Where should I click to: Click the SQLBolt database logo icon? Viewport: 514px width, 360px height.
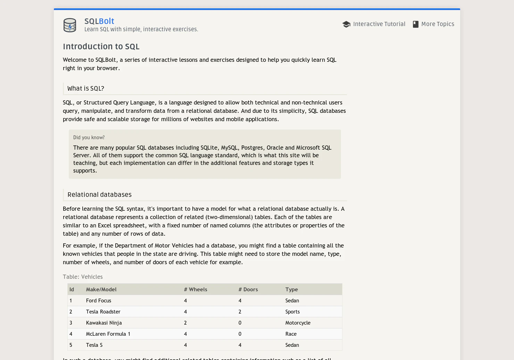tap(70, 25)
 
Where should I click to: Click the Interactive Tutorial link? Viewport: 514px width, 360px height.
tap(379, 24)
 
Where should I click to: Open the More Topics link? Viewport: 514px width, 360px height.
tap(438, 24)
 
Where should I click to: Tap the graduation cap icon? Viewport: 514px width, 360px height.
tap(346, 24)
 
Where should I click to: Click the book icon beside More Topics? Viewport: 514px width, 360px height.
tap(415, 24)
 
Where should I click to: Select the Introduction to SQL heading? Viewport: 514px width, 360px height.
tap(101, 47)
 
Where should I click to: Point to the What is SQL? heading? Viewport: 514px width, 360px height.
tap(86, 89)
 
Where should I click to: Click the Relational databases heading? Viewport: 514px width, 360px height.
tap(100, 195)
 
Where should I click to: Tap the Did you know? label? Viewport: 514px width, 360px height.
tap(89, 137)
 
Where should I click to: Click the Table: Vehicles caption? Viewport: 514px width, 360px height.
tap(83, 277)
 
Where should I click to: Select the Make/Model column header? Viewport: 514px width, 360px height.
tap(101, 290)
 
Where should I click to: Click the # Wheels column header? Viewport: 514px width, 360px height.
tap(196, 290)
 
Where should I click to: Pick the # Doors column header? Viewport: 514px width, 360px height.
tap(248, 290)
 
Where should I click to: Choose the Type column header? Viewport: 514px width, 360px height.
tap(292, 290)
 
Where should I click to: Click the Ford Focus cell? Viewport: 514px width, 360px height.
tap(99, 301)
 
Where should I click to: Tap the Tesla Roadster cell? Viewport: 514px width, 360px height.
tap(103, 312)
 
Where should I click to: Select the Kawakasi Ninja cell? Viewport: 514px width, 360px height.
tap(104, 323)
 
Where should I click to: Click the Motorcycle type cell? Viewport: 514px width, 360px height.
tap(298, 323)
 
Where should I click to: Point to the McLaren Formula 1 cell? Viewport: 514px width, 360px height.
tap(108, 334)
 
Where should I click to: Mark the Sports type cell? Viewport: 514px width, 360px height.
tap(292, 312)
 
